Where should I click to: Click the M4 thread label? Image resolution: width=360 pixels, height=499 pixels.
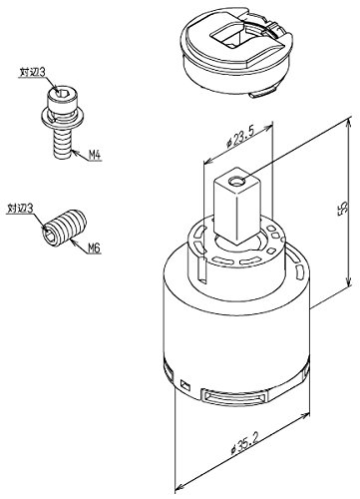tap(95, 155)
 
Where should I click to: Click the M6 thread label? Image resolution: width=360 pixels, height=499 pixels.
tap(94, 248)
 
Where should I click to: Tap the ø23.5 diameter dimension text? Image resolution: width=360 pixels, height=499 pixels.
tap(240, 137)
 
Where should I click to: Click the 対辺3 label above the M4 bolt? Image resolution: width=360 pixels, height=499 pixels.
tap(32, 72)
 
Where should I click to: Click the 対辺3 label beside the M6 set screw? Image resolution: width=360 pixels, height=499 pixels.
tap(20, 209)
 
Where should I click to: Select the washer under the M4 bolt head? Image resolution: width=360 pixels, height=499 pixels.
tap(62, 119)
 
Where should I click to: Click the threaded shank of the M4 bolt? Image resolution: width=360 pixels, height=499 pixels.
tap(62, 143)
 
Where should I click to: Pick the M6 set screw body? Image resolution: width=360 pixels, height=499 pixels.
tap(65, 228)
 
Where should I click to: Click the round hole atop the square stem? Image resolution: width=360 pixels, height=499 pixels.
tap(236, 182)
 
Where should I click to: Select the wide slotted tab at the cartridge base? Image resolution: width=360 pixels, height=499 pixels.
tap(234, 397)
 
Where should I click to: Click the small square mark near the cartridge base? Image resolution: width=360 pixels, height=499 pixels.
tap(185, 385)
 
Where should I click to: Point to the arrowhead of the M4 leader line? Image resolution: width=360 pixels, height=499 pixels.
tap(75, 153)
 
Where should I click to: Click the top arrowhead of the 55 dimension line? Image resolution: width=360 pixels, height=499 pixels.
tap(348, 125)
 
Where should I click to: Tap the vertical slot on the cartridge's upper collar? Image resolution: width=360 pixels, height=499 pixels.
tap(200, 267)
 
